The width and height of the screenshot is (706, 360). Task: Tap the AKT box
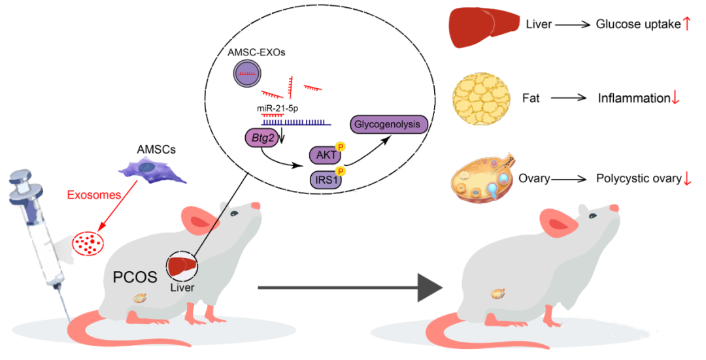coord(324,155)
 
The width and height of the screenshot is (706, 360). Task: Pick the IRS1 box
coord(324,179)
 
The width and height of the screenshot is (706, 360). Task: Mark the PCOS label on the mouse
coord(135,276)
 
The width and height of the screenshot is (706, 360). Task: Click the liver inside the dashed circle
coord(182,267)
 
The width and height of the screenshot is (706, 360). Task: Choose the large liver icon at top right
coord(482,25)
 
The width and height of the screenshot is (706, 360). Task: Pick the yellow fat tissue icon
coord(482,95)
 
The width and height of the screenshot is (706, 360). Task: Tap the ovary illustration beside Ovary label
coord(482,177)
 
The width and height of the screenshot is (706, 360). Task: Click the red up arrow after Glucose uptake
coord(686,25)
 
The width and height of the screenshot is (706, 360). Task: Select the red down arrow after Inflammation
coord(676,99)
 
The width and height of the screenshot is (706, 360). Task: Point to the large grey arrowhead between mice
coord(428,287)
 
